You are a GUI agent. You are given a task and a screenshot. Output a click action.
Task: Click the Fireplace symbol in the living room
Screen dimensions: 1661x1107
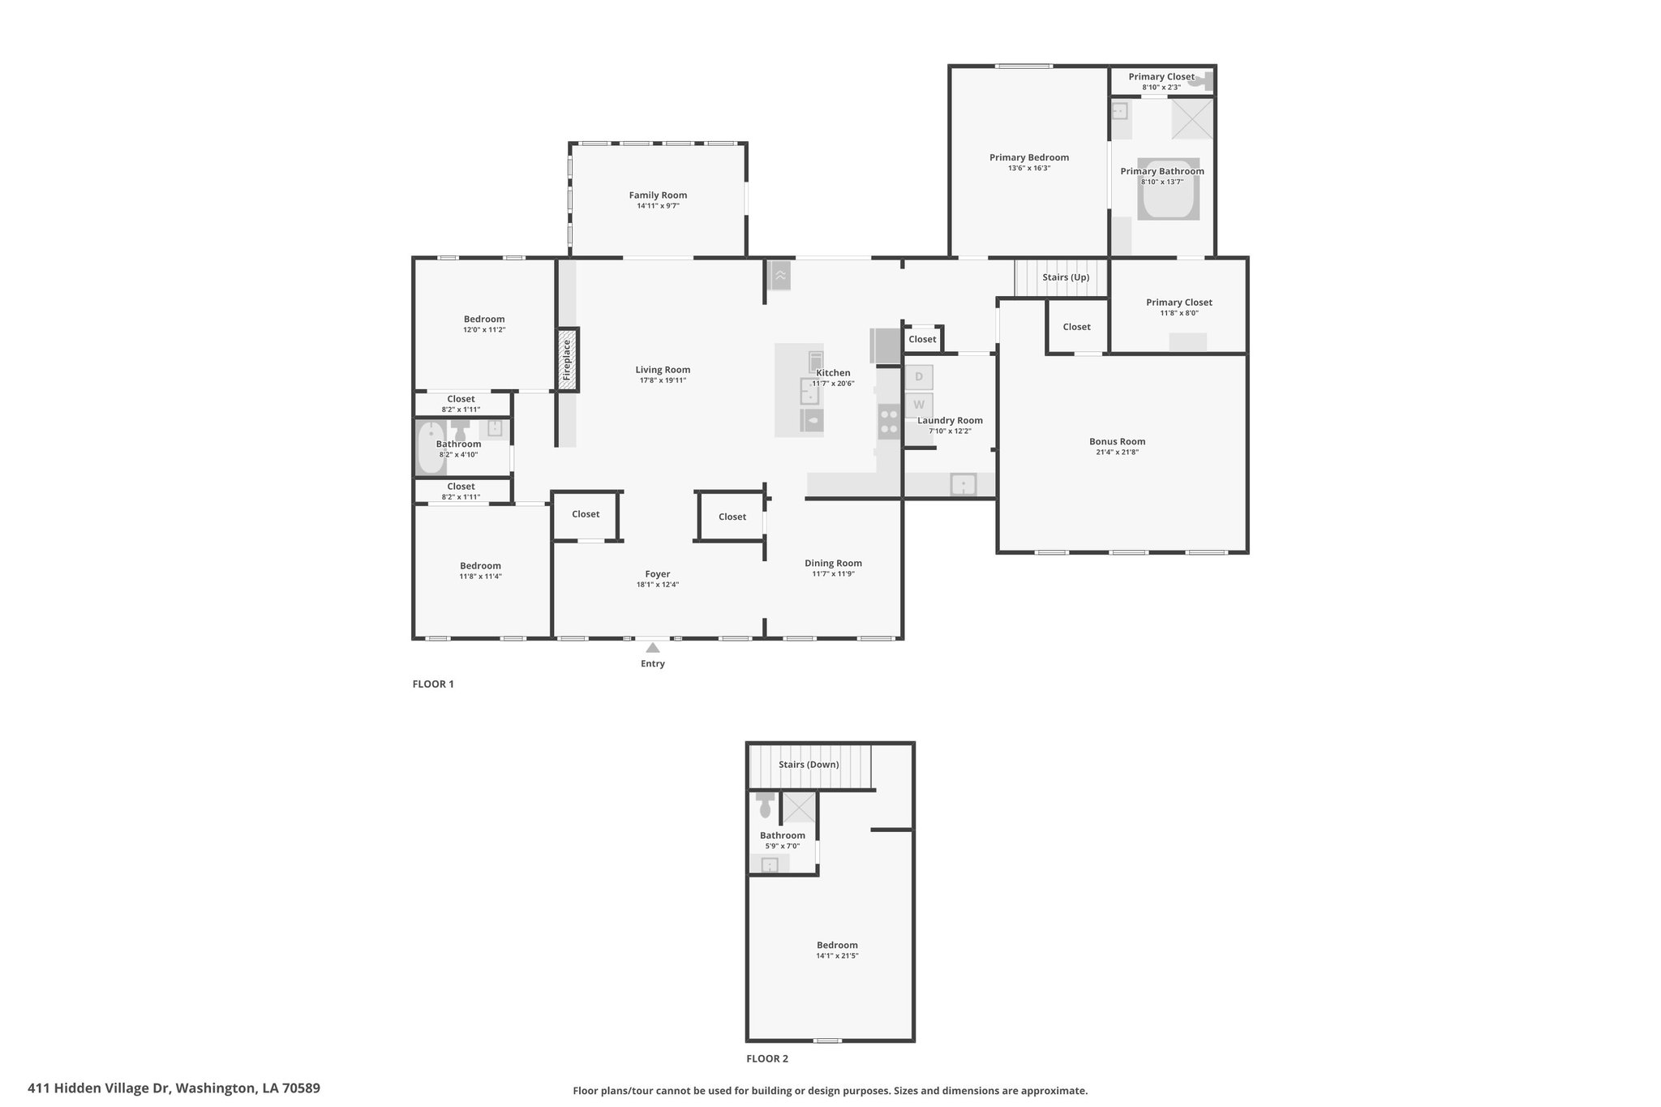pos(567,359)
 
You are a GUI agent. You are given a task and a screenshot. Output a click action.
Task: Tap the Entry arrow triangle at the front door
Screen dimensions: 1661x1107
pos(653,647)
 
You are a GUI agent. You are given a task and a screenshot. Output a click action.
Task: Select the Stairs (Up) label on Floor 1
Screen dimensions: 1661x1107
pos(1066,277)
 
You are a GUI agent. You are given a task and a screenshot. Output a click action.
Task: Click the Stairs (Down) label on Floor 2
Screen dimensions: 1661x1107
pos(809,765)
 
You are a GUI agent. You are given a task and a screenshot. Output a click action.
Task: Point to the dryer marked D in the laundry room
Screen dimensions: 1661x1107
pos(919,377)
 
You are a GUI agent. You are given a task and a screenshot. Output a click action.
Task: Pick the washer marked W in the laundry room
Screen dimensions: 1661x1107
pos(919,405)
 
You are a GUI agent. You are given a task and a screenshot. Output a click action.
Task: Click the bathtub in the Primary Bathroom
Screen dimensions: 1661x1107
pos(1168,189)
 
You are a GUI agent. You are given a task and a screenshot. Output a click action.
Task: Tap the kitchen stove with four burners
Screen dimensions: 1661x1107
pos(889,422)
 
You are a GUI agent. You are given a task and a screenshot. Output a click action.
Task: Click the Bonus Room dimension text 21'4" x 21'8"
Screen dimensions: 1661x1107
pos(1117,453)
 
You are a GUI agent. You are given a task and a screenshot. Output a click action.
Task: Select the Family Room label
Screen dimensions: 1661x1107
pos(658,195)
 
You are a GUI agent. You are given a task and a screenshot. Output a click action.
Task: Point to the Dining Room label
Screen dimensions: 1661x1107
pos(833,564)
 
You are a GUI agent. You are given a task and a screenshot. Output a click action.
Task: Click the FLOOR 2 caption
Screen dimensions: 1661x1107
pos(767,1058)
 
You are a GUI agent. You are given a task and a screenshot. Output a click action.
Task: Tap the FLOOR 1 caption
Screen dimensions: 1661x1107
pos(433,684)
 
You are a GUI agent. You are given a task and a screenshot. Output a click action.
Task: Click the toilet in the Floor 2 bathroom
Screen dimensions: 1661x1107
pos(765,805)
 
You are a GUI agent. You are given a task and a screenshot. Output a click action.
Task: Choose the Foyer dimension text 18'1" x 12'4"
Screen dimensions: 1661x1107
pos(658,585)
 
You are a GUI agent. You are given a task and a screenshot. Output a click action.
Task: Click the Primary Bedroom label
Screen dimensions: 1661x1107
pos(1029,158)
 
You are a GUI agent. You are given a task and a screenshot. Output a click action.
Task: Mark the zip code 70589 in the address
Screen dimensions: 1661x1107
pos(301,1088)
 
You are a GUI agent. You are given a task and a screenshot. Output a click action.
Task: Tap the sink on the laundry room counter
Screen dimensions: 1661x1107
pos(964,485)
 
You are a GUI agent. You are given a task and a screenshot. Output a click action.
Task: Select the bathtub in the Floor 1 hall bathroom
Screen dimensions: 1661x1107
pos(429,448)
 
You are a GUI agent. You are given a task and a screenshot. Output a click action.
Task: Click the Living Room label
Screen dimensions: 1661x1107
pos(663,371)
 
